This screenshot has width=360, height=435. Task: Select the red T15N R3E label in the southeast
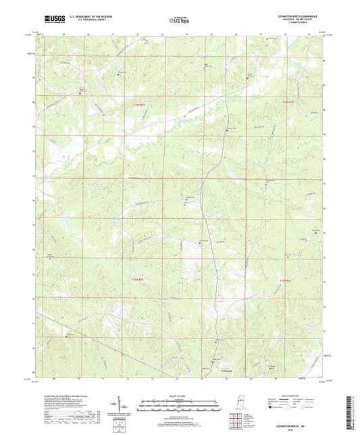point(286,280)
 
